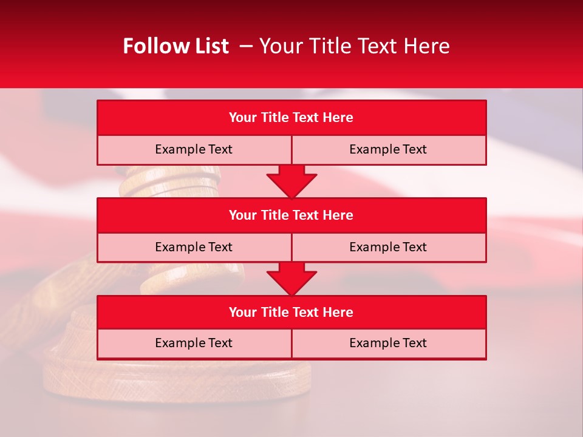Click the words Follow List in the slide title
click(x=176, y=46)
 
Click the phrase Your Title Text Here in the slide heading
click(x=354, y=46)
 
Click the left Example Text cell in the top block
click(x=194, y=149)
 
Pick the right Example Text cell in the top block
click(x=388, y=149)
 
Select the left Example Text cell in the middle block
click(x=194, y=247)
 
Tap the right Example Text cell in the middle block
click(x=388, y=247)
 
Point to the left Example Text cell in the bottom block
click(x=194, y=343)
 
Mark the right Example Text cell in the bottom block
click(x=388, y=343)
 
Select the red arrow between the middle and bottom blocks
click(x=291, y=279)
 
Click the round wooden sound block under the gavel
click(x=176, y=379)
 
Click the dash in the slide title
click(x=246, y=46)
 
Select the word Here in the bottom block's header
click(x=338, y=313)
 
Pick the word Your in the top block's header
click(x=242, y=118)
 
